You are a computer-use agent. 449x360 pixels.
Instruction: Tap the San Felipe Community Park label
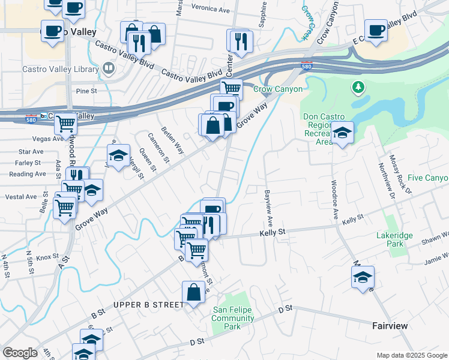click(234, 318)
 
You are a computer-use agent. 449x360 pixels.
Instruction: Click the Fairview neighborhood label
click(389, 325)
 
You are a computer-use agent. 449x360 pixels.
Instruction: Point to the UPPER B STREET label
click(148, 305)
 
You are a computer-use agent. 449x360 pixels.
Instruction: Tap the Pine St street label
click(86, 91)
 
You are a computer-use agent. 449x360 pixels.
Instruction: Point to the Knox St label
click(46, 257)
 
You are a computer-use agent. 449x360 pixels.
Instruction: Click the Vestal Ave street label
click(22, 197)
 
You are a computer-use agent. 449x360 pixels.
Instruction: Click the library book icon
click(109, 68)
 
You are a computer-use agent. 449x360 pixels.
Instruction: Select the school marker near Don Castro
click(343, 133)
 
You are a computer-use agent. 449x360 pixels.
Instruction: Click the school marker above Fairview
click(363, 277)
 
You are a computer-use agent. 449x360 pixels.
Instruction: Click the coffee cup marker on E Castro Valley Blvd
click(376, 29)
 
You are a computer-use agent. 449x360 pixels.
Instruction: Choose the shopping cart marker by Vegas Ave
click(65, 124)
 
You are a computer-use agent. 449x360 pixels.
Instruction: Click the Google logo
click(20, 353)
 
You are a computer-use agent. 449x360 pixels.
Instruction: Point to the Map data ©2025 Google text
click(411, 355)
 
